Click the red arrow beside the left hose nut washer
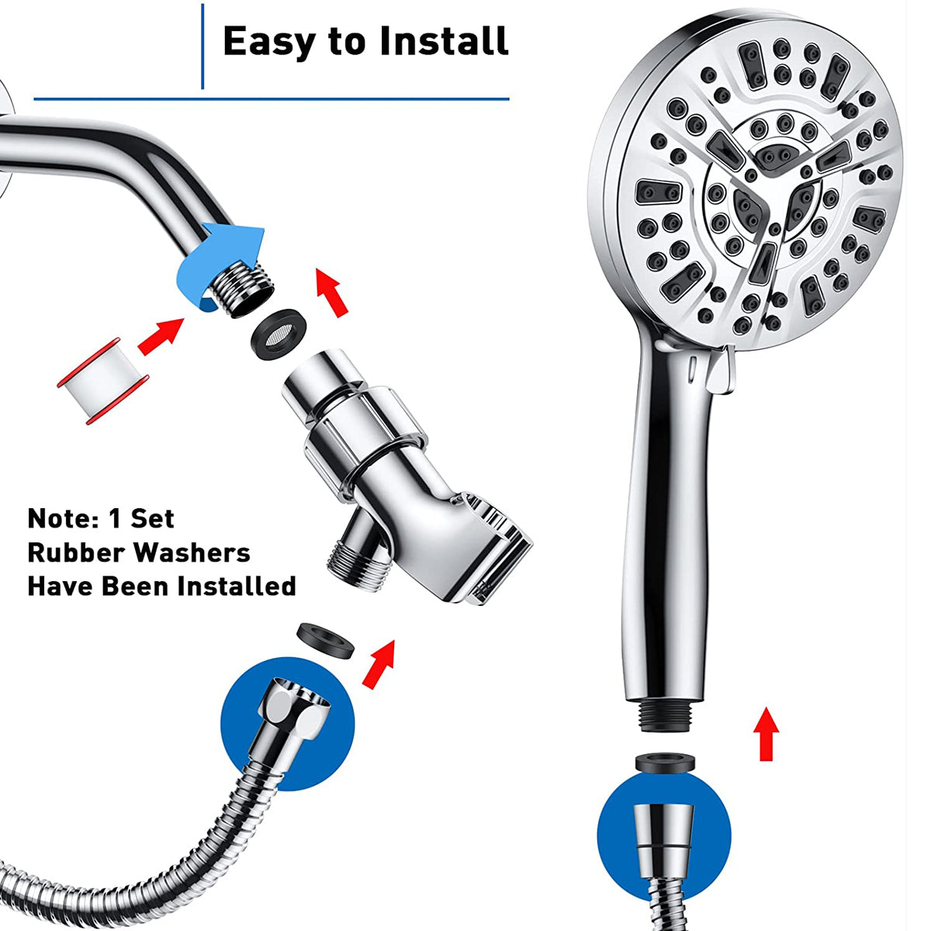pyautogui.click(x=379, y=659)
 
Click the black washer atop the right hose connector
pyautogui.click(x=664, y=763)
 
